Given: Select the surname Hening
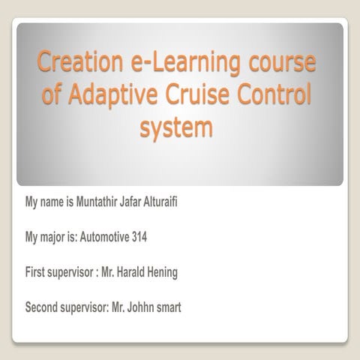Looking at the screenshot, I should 163,273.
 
